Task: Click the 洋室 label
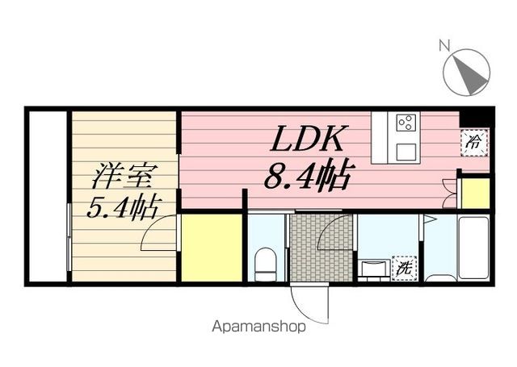point(122,175)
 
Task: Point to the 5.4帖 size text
point(122,207)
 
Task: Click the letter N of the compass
point(443,46)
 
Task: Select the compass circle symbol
point(467,70)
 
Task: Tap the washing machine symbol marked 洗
point(401,268)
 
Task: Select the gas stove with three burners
point(406,123)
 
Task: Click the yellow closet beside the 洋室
point(211,247)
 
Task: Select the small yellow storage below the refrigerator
point(475,193)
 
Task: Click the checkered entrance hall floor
point(321,246)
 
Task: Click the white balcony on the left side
point(47,196)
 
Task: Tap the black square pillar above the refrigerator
point(474,117)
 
